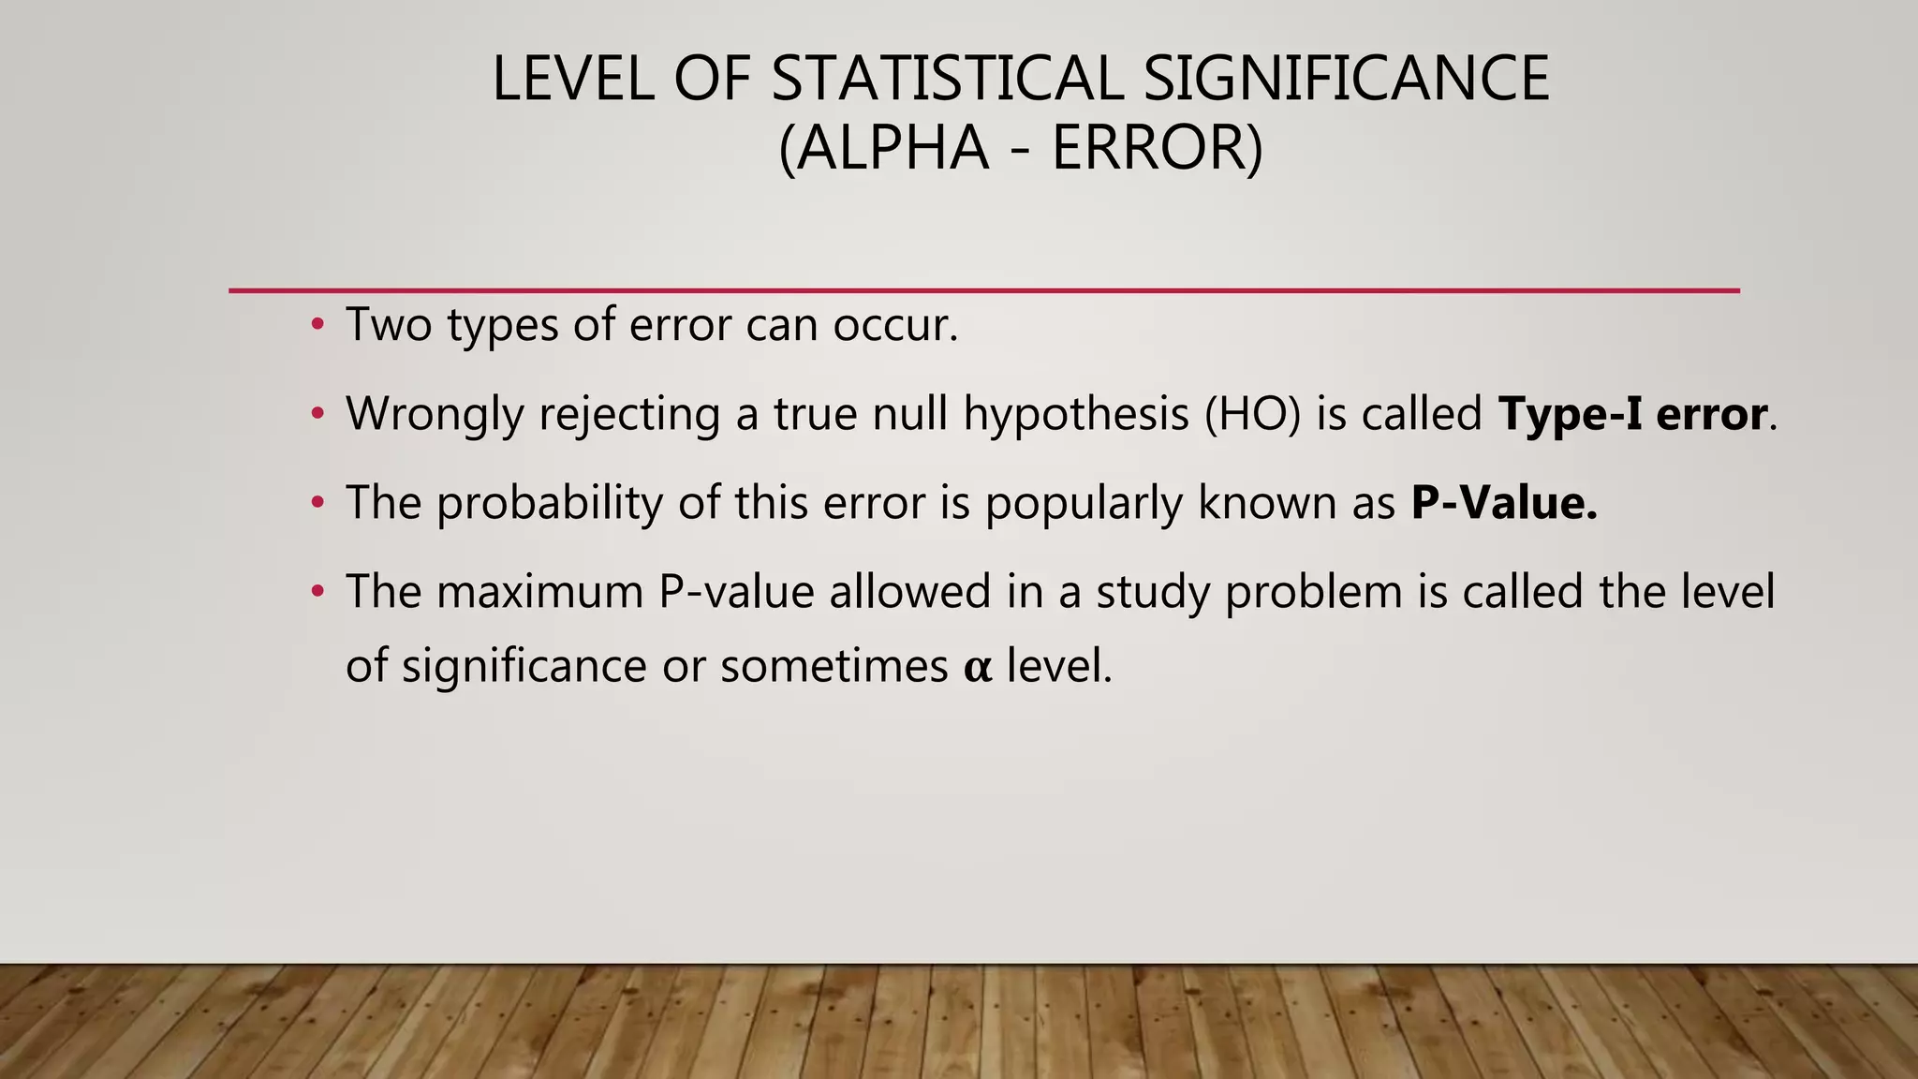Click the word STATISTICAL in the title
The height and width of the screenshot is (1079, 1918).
(x=946, y=79)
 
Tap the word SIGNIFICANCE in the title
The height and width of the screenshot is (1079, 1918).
(x=1346, y=79)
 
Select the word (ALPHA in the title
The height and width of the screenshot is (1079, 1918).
(x=883, y=149)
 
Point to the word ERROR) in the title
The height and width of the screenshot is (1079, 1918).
(x=1158, y=149)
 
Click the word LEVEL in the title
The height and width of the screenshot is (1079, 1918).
(x=574, y=79)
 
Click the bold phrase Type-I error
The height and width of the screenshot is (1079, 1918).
(x=1632, y=414)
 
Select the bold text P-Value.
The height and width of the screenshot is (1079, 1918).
(x=1504, y=503)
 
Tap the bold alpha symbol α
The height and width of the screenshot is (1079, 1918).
(x=977, y=668)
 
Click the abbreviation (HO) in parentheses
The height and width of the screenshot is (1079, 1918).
(x=1252, y=414)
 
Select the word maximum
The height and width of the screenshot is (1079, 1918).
(x=539, y=592)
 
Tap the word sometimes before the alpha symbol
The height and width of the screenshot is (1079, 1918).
(x=834, y=667)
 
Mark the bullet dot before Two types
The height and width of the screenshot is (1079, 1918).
(x=318, y=325)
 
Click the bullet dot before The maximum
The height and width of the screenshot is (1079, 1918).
(x=318, y=592)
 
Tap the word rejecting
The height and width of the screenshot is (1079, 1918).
(x=629, y=414)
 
